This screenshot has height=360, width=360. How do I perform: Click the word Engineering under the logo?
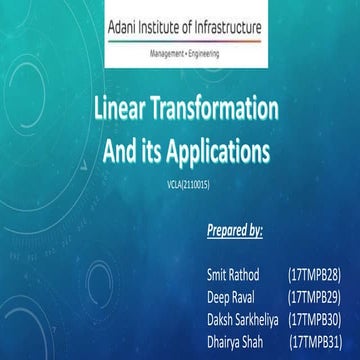click(203, 50)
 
